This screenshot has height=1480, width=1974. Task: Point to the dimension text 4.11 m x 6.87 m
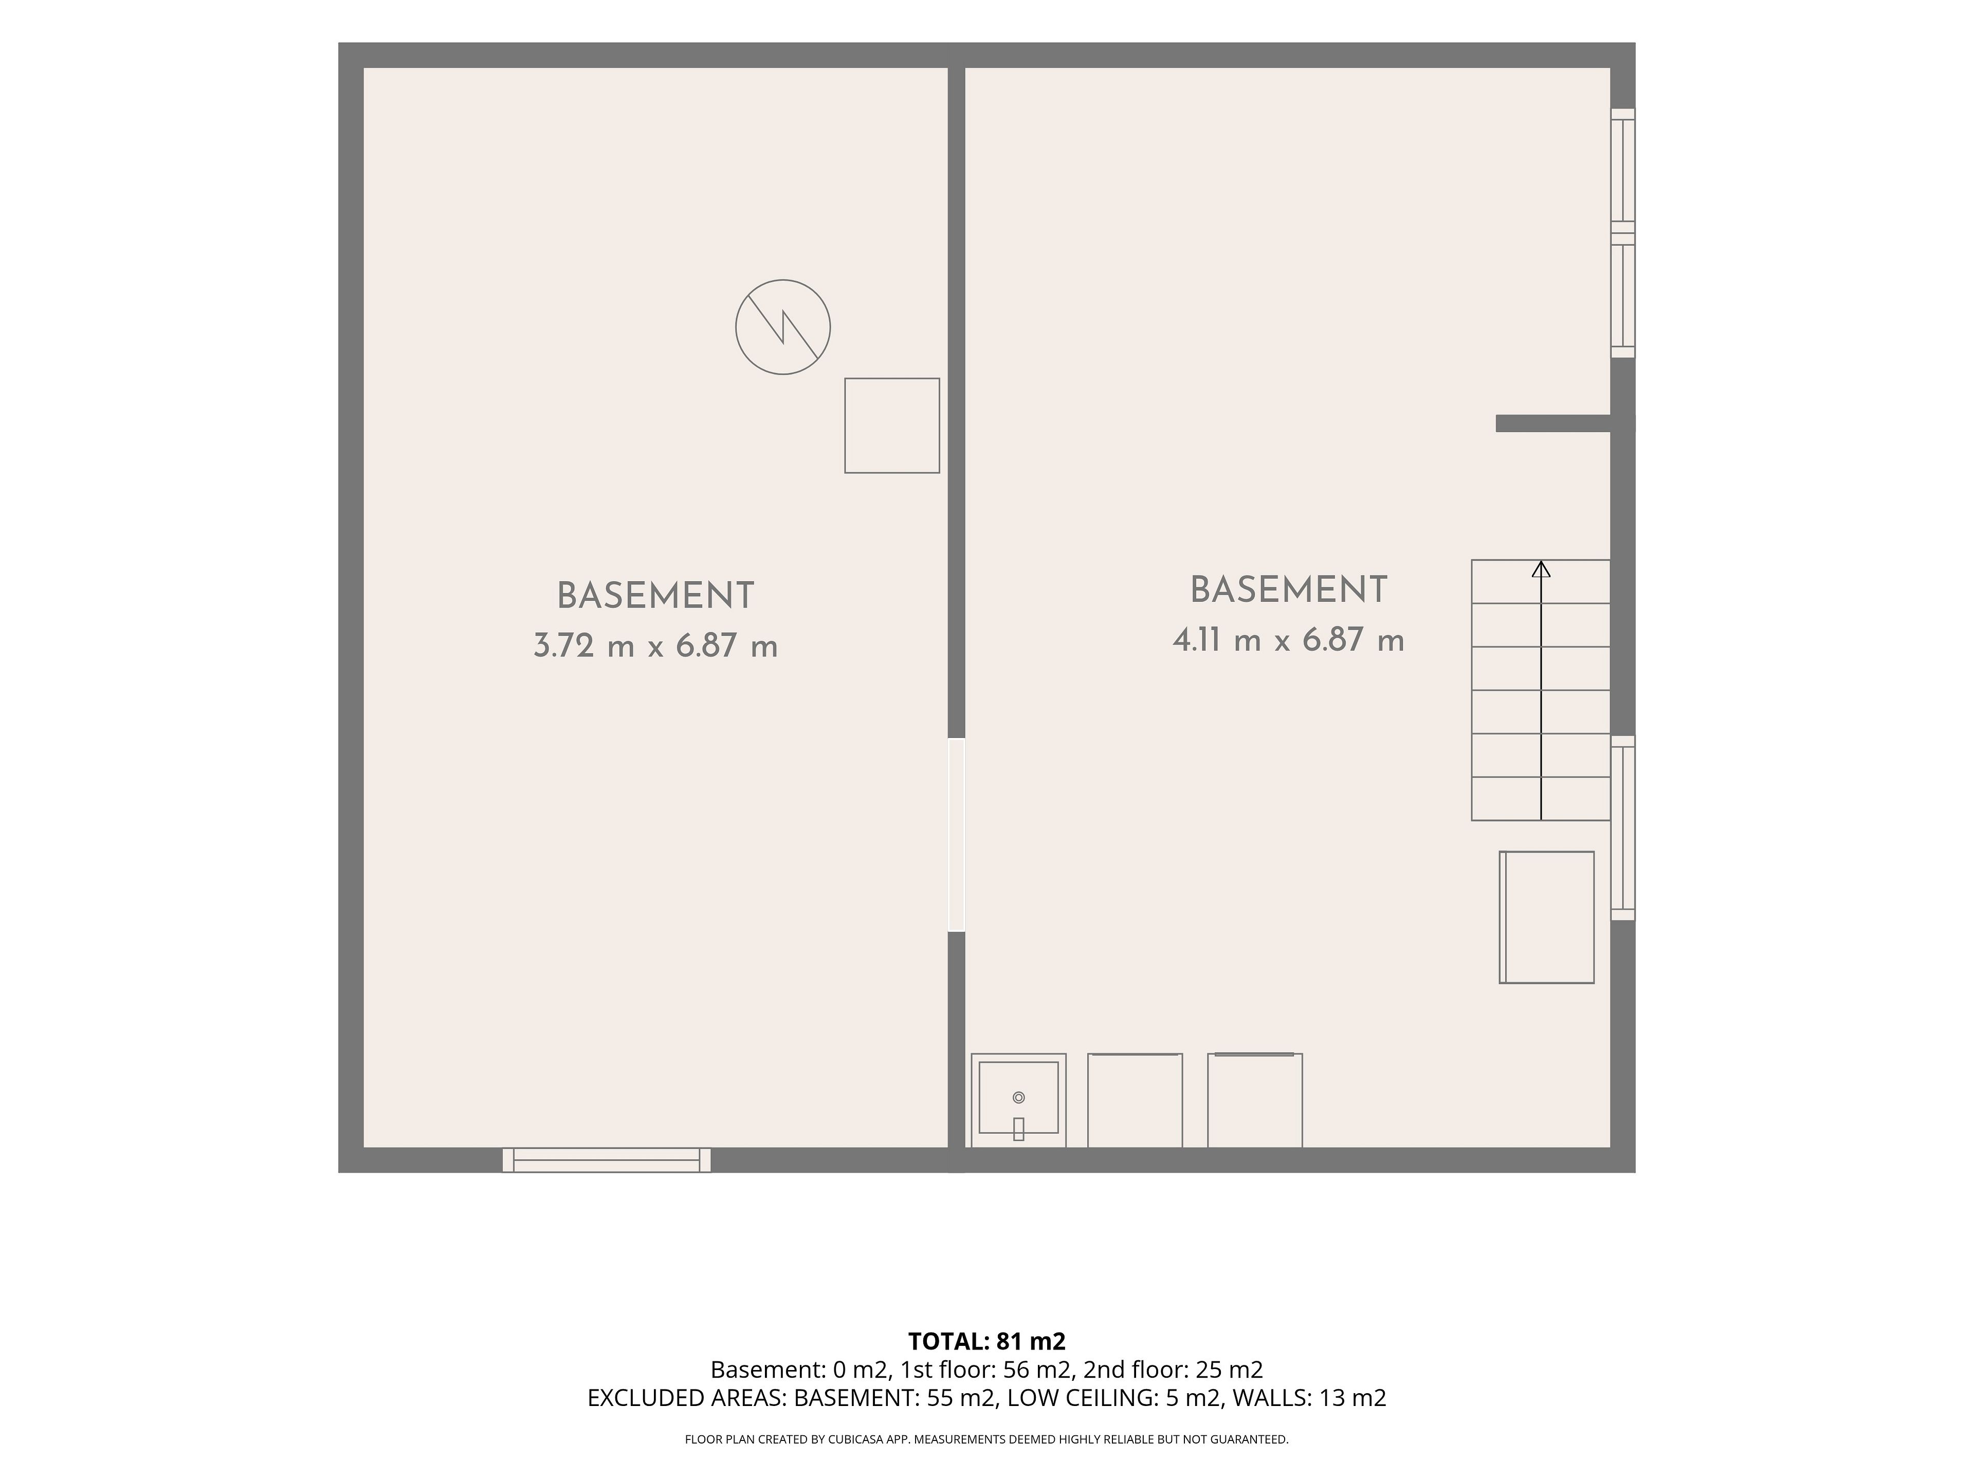click(x=1289, y=640)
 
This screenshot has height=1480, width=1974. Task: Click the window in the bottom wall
click(x=607, y=1160)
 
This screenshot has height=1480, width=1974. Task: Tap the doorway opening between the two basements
click(x=956, y=835)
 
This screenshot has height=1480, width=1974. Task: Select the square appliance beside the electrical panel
click(x=892, y=425)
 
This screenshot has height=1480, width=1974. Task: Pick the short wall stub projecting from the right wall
click(x=1553, y=424)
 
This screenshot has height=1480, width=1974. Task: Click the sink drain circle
click(x=1018, y=1097)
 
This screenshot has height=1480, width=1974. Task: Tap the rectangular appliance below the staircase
click(x=1546, y=917)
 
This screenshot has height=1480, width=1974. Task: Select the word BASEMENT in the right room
click(x=1289, y=590)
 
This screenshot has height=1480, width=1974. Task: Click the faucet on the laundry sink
click(x=1018, y=1128)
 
